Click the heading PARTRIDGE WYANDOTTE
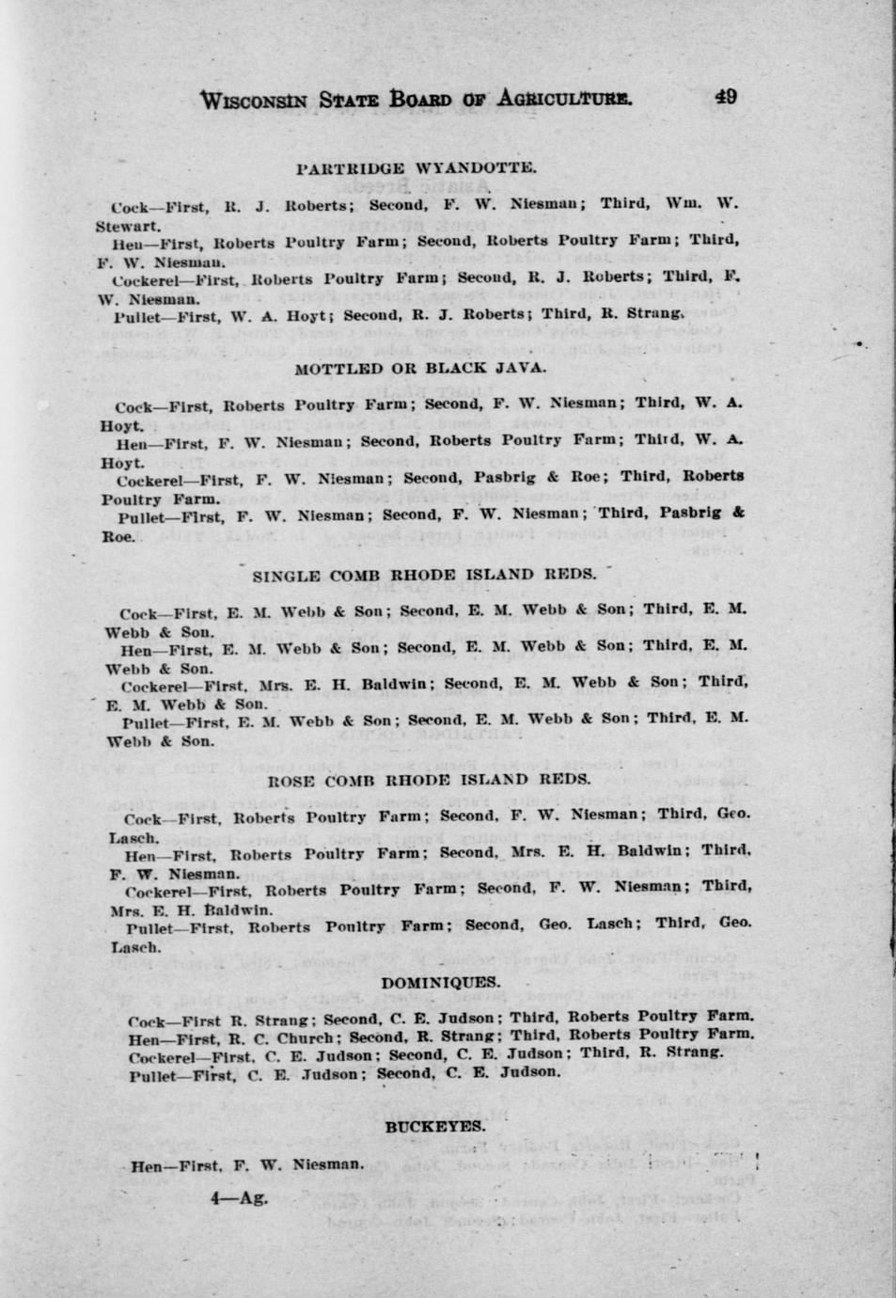416,168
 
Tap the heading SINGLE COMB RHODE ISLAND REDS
424,575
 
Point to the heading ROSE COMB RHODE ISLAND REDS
430,779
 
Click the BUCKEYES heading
435,1126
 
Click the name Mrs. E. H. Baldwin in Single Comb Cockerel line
380,685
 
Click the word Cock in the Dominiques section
147,1021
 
